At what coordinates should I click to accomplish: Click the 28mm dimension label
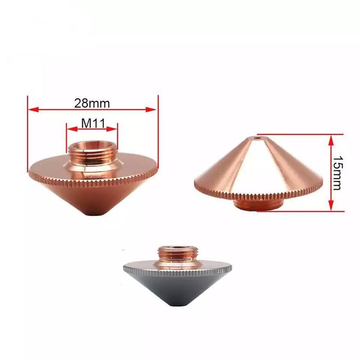coord(92,102)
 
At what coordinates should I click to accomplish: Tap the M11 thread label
coord(92,124)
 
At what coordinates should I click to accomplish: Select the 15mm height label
coord(337,173)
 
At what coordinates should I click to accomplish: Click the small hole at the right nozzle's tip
coord(258,138)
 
